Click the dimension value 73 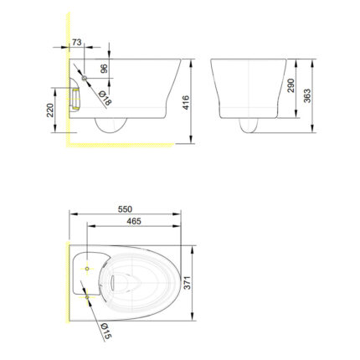(76, 40)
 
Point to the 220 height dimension (51, 111)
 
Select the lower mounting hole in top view (87, 295)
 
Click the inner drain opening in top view (124, 279)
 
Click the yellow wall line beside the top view (66, 285)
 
